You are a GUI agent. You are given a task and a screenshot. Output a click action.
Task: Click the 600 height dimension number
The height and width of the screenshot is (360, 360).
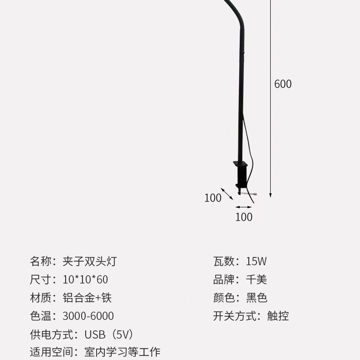tap(283, 84)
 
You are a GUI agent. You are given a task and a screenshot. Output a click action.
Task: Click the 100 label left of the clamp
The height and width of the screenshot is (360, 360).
tap(212, 198)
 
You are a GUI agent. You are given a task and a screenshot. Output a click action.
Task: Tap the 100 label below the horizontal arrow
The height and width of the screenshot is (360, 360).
tap(244, 217)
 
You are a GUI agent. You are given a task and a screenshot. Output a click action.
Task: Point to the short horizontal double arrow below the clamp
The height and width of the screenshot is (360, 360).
tap(244, 207)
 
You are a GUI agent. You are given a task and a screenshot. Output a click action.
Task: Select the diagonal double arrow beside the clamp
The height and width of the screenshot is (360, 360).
tap(227, 194)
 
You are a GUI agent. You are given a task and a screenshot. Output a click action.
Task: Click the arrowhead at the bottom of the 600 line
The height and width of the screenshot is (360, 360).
tap(270, 195)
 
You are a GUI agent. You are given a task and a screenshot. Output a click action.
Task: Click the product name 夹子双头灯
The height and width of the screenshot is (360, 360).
tap(90, 262)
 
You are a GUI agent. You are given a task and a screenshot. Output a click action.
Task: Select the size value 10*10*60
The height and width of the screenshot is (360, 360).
tap(85, 280)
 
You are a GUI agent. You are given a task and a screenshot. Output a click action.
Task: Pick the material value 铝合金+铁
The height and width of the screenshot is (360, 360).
tap(87, 298)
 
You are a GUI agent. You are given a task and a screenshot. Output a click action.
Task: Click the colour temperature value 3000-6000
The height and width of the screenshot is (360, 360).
tap(88, 316)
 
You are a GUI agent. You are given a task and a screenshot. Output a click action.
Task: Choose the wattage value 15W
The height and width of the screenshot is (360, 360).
tap(256, 262)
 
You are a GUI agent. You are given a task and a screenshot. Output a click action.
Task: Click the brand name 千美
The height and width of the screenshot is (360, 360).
tap(257, 280)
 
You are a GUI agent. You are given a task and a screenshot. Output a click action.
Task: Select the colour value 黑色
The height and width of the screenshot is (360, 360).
tap(257, 298)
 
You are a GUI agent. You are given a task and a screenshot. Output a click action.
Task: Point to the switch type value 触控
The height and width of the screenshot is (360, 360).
tap(278, 316)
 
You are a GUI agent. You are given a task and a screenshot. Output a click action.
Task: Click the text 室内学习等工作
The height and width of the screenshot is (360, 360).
tap(123, 352)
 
